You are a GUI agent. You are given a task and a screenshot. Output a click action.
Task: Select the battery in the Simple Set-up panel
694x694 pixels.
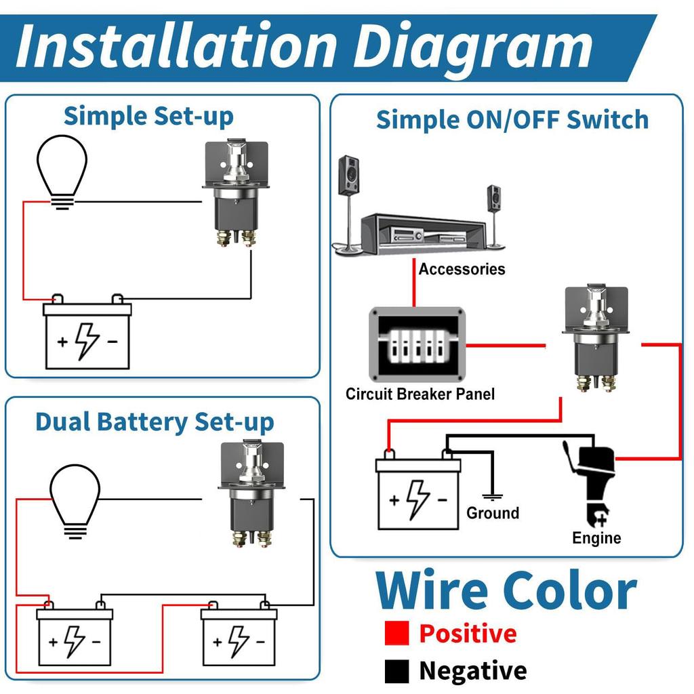[87, 336]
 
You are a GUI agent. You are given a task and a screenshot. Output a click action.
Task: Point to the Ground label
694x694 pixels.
[493, 513]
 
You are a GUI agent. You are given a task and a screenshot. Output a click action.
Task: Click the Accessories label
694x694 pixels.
[462, 269]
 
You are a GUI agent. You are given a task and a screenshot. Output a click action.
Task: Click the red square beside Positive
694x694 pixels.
[396, 634]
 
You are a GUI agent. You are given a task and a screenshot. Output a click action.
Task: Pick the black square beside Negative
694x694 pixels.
[396, 671]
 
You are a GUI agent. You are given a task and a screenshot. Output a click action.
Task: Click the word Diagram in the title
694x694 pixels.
[474, 46]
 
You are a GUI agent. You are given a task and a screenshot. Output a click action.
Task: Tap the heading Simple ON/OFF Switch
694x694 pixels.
[512, 120]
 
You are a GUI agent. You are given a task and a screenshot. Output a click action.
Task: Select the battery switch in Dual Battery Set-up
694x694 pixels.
[251, 495]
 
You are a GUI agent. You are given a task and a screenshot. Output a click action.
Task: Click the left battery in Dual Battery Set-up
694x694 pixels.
[75, 637]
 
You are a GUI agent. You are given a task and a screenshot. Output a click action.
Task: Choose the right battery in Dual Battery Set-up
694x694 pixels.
[239, 637]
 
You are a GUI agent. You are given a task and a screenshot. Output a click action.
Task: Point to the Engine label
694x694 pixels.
[596, 538]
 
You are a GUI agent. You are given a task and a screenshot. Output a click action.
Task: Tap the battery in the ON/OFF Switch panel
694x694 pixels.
[419, 493]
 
